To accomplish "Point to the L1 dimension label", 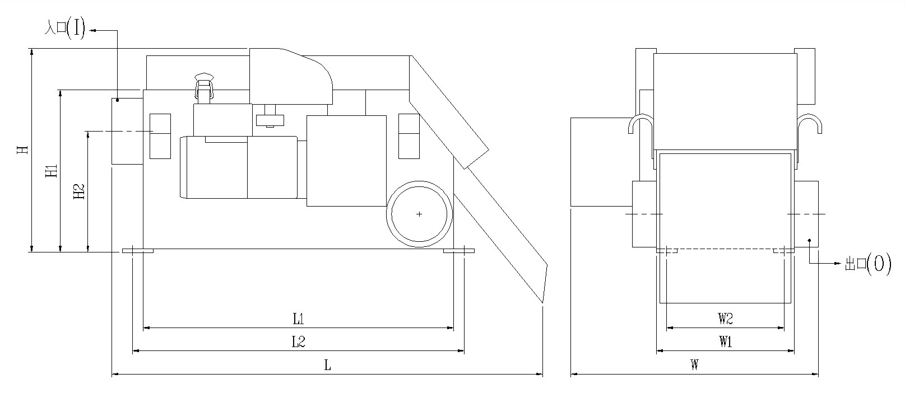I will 299,319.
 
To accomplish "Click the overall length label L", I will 328,366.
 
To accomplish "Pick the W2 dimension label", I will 726,319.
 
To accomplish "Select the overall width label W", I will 694,366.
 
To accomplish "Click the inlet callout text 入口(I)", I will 65,29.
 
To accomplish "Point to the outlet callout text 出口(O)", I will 867,264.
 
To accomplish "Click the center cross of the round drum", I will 419,214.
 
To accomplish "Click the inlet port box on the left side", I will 127,131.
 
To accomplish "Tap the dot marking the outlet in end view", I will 809,240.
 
